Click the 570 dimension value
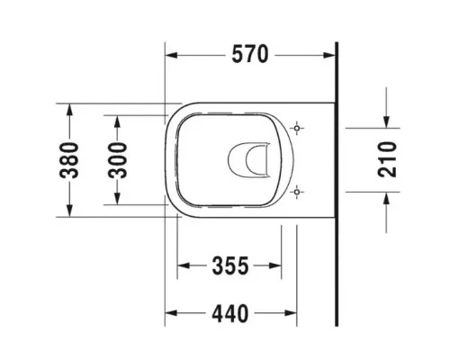(249, 55)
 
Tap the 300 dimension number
(118, 160)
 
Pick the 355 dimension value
(229, 265)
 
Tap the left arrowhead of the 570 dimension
(173, 56)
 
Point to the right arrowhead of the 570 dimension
(328, 56)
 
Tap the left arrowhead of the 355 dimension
(184, 266)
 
